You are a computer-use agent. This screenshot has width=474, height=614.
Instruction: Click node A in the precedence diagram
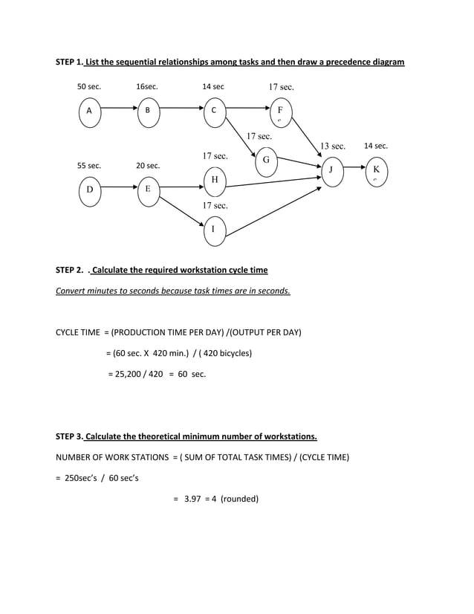(89, 112)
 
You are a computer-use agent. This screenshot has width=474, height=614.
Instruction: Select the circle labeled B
(147, 112)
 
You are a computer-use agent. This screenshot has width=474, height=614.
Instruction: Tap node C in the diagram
(214, 112)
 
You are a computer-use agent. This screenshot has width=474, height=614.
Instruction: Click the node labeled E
(147, 190)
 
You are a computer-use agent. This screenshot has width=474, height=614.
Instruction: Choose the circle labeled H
(214, 181)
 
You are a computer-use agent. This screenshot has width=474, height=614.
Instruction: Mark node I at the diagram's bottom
(214, 230)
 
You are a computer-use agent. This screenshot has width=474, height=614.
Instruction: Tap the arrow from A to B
(118, 109)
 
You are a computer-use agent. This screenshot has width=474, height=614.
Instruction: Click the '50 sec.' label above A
(89, 87)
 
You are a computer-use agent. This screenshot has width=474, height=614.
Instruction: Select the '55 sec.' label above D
(89, 166)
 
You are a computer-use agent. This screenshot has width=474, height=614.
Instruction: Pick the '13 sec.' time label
(333, 146)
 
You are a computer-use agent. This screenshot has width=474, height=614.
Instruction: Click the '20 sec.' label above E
(148, 166)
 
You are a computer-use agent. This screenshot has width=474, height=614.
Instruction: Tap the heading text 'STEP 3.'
(70, 436)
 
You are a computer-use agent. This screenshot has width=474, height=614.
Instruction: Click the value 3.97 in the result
(193, 499)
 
